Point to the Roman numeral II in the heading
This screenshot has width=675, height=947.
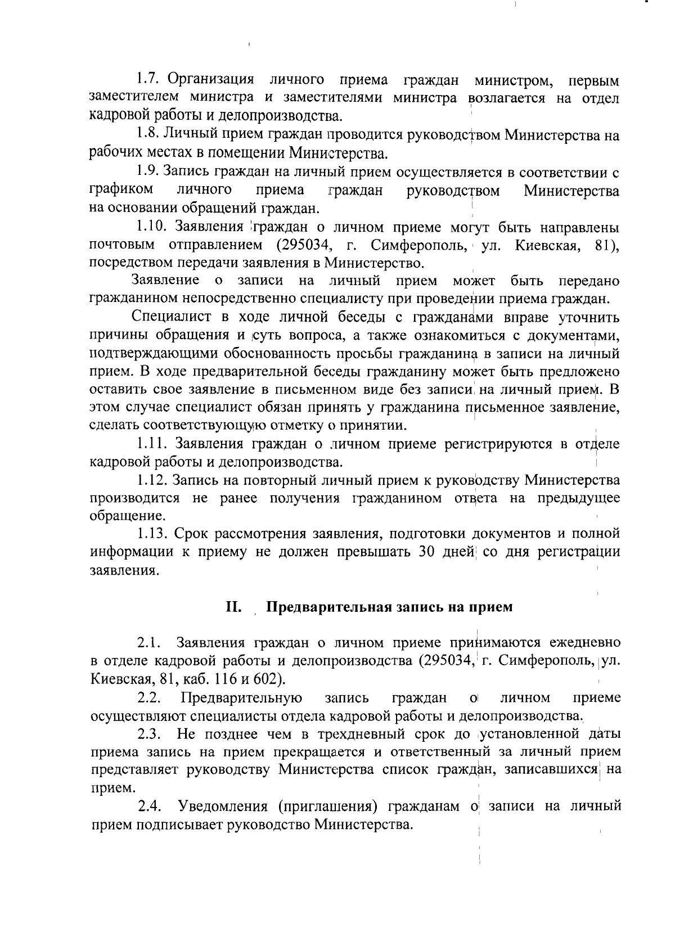(233, 607)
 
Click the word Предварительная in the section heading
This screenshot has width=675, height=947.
(326, 607)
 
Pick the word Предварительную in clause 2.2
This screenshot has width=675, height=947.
(242, 698)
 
